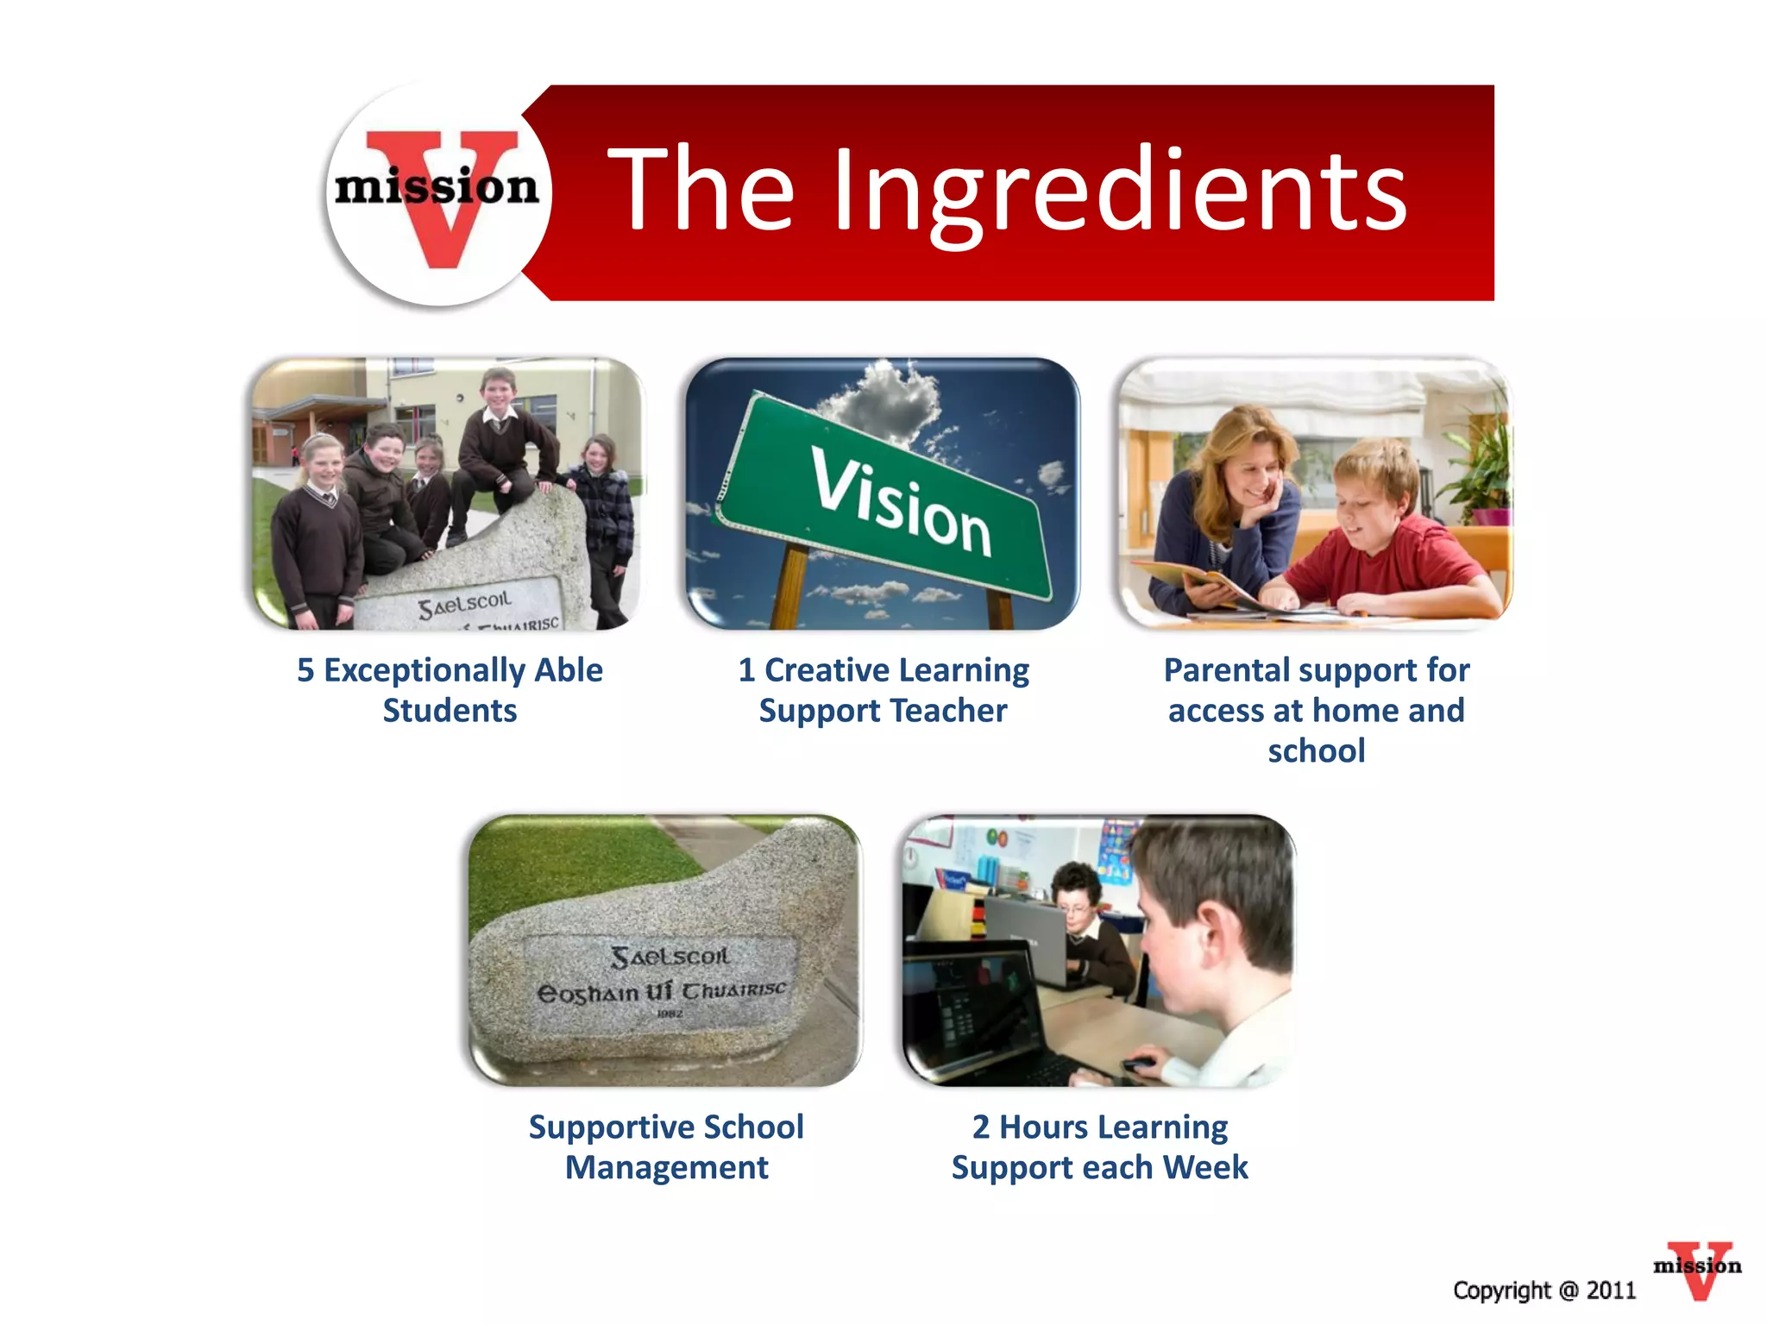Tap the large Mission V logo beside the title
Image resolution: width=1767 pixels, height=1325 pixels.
coord(438,194)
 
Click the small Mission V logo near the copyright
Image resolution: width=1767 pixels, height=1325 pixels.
coord(1697,1268)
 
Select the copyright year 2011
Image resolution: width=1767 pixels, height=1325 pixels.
coord(1611,1290)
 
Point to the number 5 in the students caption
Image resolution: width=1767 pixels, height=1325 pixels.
coord(305,670)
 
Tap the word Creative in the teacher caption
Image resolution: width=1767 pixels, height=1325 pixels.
coord(827,670)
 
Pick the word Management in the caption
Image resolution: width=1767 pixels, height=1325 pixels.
coord(666,1168)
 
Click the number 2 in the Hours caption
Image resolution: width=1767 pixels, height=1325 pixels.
coord(981,1127)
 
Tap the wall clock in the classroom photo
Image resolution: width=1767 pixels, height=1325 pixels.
coord(910,856)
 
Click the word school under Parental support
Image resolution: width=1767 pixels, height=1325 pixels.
coord(1316,751)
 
